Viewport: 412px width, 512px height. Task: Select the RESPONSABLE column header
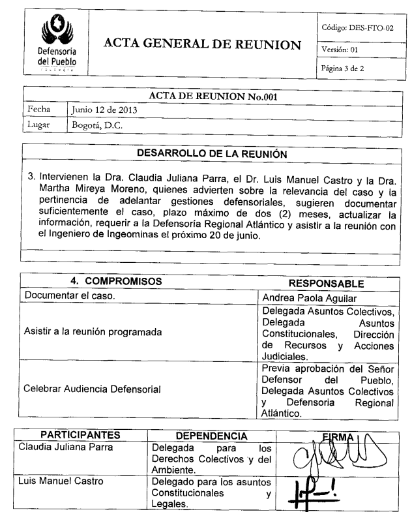click(x=325, y=284)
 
